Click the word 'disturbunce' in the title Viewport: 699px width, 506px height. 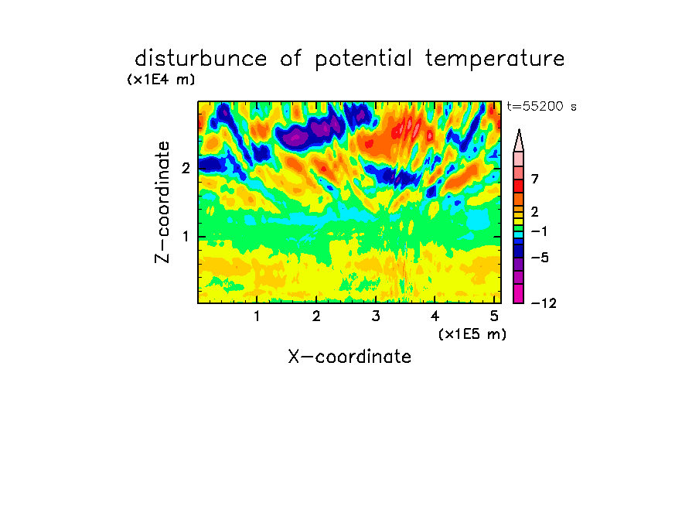click(201, 59)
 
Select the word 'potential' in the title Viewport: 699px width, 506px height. click(363, 60)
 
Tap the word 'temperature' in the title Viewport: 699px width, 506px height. click(495, 60)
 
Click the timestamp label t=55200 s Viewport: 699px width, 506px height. click(541, 106)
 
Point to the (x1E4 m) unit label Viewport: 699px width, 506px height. click(161, 80)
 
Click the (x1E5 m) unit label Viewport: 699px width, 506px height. click(472, 333)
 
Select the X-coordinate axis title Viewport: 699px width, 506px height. click(349, 357)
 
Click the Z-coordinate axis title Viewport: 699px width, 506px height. click(162, 202)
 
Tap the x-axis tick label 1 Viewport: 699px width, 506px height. click(257, 316)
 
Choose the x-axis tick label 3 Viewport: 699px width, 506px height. click(376, 316)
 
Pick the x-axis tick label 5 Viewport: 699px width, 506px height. click(494, 316)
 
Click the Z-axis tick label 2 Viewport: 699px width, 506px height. click(186, 168)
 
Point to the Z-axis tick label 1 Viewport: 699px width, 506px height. click(186, 237)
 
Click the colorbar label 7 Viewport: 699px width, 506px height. click(535, 179)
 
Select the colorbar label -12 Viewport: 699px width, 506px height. click(544, 303)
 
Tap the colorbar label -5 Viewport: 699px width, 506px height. click(540, 258)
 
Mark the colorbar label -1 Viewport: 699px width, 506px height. click(539, 231)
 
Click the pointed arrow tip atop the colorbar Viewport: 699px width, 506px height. click(519, 130)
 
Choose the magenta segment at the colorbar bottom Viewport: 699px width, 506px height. click(519, 293)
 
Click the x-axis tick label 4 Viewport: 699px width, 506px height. click(435, 316)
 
